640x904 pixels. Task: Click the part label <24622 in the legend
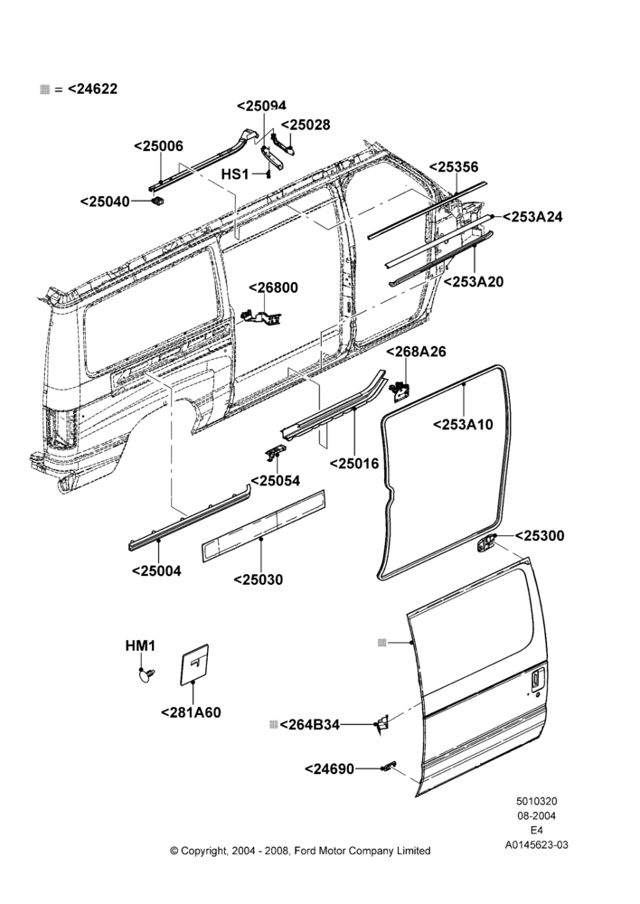92,89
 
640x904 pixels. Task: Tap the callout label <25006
158,146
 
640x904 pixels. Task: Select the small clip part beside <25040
157,201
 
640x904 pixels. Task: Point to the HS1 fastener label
235,174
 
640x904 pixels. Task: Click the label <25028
306,125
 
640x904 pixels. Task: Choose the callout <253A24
532,217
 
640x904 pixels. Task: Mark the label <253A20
474,281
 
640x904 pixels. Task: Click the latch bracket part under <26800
262,316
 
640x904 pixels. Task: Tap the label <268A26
417,351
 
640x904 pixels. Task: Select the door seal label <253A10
464,424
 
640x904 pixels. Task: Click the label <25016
354,463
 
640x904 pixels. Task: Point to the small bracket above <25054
276,453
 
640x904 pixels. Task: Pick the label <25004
156,570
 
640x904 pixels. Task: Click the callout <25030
259,579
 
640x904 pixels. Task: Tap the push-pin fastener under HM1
146,674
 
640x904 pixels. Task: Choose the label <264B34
310,725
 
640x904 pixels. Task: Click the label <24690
329,769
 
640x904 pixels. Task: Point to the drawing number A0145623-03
536,844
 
